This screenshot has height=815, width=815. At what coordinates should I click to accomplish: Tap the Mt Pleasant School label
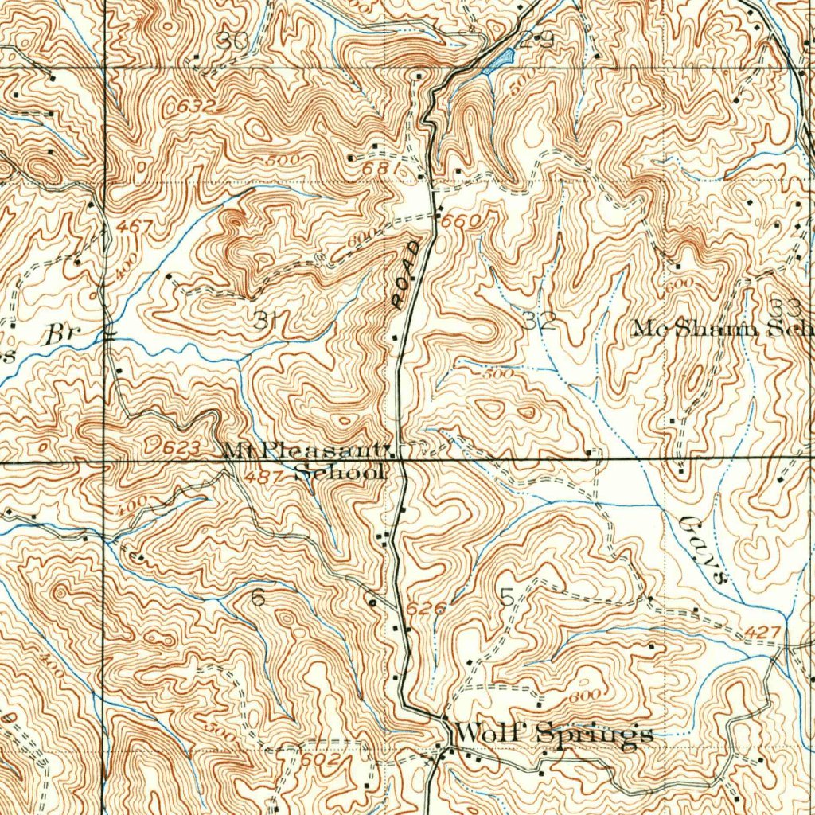point(306,461)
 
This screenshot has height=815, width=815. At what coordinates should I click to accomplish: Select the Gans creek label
point(704,552)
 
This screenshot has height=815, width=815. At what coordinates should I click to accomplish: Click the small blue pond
point(498,60)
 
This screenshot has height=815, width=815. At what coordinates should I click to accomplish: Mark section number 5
point(508,597)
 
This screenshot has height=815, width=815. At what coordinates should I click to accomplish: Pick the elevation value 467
point(133,227)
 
